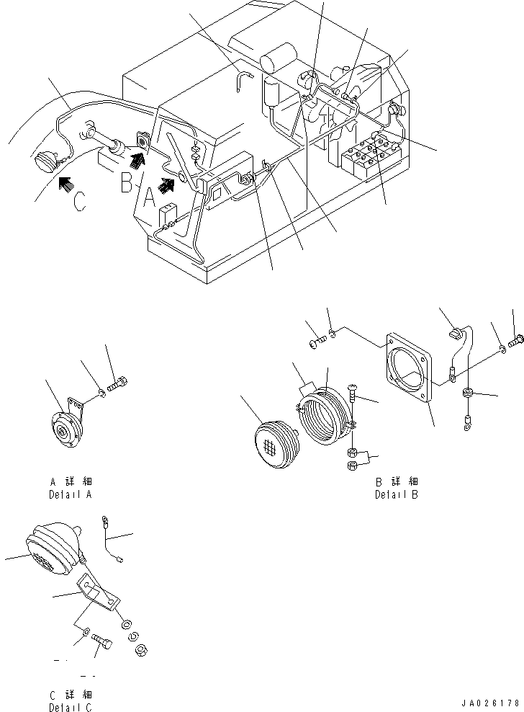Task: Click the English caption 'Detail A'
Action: coord(70,494)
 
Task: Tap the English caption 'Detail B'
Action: coord(396,494)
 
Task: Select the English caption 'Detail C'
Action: coord(70,707)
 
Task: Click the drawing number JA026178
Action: coord(492,702)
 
